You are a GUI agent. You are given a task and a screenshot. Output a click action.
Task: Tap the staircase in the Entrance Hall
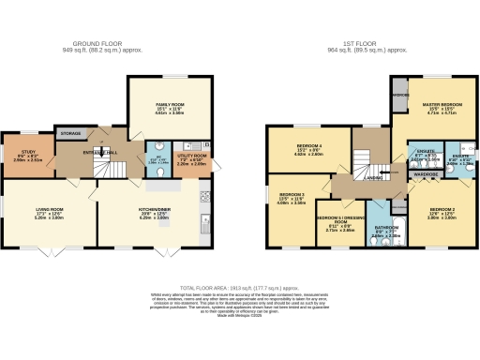[x=111, y=169]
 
